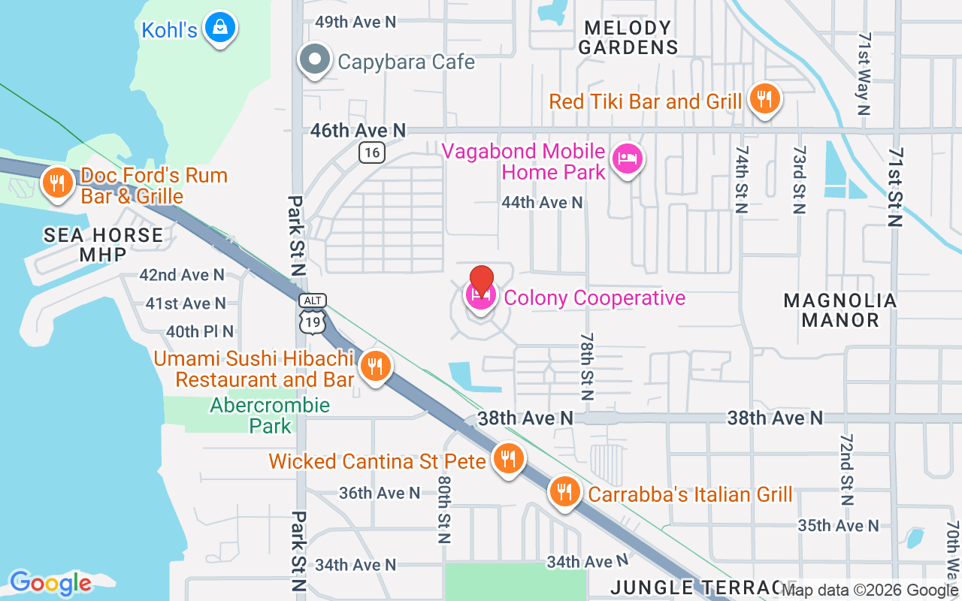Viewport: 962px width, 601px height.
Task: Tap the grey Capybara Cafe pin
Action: click(x=314, y=59)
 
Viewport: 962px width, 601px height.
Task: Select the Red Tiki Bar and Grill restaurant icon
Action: click(x=764, y=98)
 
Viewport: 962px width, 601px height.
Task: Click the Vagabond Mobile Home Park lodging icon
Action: click(x=627, y=159)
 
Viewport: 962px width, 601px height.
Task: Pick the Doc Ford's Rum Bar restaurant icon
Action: click(x=56, y=183)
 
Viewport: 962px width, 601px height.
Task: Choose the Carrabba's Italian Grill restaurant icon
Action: click(x=564, y=492)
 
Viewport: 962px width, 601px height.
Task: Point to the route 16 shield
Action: click(x=372, y=153)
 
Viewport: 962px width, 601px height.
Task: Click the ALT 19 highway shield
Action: click(x=313, y=313)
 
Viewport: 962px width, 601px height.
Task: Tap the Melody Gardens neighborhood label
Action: click(x=628, y=38)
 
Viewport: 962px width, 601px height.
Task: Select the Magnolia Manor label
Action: click(x=840, y=310)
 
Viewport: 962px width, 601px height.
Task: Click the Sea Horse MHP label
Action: click(x=103, y=245)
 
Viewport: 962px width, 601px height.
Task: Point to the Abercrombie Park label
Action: click(x=270, y=415)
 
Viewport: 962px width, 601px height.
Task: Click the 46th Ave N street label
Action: click(x=358, y=131)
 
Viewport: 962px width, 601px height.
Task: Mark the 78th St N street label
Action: click(x=587, y=367)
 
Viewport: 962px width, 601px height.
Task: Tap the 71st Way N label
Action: click(x=864, y=74)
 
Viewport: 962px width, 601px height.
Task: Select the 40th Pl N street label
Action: click(x=200, y=331)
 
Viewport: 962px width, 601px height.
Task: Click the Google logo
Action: click(x=50, y=583)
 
